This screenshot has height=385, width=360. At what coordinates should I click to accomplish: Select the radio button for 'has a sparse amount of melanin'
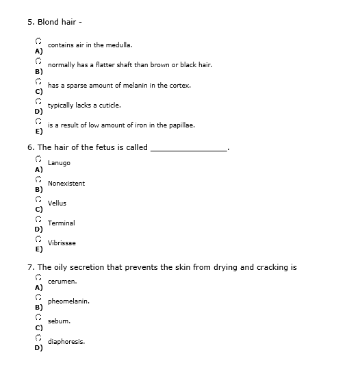(40, 82)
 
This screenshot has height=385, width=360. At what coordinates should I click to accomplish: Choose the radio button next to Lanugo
(40, 159)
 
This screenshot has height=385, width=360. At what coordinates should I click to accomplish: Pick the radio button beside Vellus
(40, 199)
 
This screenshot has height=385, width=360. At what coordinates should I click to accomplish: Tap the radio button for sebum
(40, 317)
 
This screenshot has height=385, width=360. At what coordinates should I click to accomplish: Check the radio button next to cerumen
(40, 277)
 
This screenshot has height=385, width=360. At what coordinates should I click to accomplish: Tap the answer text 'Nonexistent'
(66, 184)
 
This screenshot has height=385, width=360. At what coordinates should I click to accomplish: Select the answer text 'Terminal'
(62, 223)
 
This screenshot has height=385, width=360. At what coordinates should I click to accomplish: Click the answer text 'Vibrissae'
(62, 243)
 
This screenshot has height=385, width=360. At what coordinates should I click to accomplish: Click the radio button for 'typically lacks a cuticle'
(40, 101)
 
